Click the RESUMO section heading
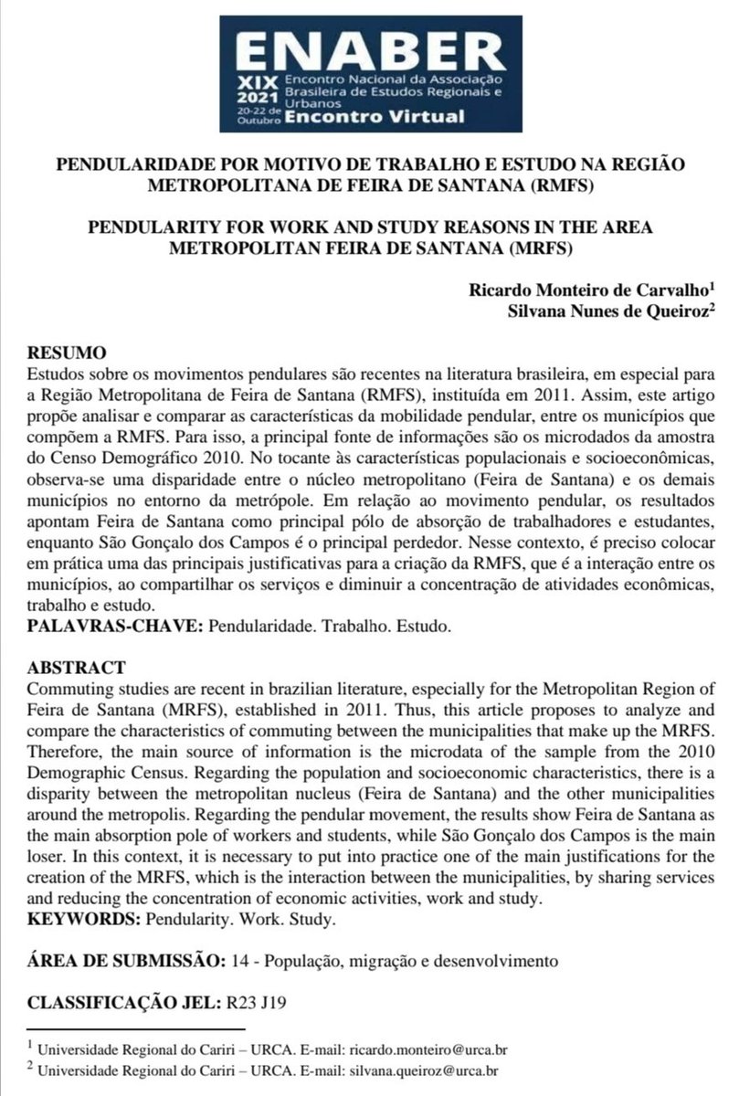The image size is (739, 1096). click(67, 353)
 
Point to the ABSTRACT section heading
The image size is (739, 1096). click(72, 668)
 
